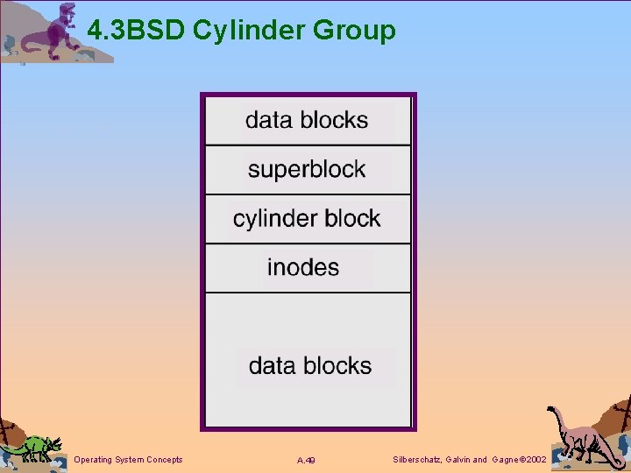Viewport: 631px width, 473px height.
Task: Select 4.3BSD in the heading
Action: click(x=137, y=32)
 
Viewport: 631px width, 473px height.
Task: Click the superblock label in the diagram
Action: click(x=307, y=169)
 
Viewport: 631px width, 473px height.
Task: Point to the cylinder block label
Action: click(x=307, y=218)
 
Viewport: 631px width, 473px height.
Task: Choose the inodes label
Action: click(x=303, y=267)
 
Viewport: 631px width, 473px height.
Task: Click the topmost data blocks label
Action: click(x=307, y=120)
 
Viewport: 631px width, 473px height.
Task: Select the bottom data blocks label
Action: click(x=310, y=365)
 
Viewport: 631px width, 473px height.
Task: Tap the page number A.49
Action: click(x=306, y=461)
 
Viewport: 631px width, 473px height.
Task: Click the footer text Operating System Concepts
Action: click(x=129, y=460)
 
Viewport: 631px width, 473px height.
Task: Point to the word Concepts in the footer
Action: click(x=165, y=460)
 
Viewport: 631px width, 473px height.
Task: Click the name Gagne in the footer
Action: click(x=506, y=460)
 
